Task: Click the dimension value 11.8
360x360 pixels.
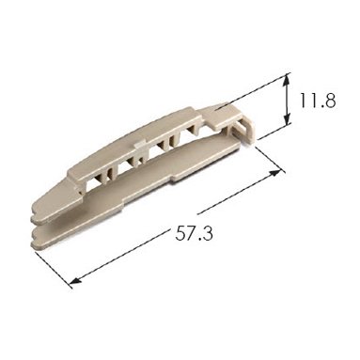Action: click(x=318, y=101)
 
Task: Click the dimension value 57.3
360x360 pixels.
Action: click(x=194, y=234)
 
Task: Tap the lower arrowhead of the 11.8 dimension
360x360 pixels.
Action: click(x=287, y=120)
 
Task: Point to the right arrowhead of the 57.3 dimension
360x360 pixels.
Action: click(x=275, y=174)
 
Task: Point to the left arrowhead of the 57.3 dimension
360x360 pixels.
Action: click(x=76, y=280)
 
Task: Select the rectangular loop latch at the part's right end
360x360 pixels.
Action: click(x=243, y=133)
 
